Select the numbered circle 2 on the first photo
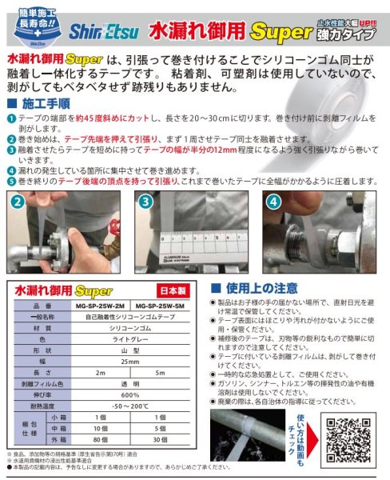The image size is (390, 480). point(17,203)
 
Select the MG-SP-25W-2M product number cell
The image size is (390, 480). point(99,306)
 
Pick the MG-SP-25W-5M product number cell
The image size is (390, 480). point(161,306)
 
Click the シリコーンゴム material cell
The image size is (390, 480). point(129,328)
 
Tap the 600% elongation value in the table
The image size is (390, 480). point(129,395)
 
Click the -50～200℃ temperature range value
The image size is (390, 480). point(129,406)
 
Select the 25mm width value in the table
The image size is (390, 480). point(129,362)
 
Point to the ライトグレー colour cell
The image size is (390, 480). point(129,339)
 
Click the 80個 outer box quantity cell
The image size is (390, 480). point(99,439)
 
